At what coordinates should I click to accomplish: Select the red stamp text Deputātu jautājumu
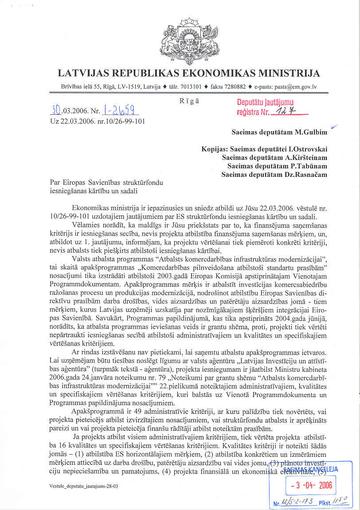point(265,103)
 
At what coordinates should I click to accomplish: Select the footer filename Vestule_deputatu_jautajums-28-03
point(84,487)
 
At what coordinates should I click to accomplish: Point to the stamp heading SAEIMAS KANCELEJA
point(311,469)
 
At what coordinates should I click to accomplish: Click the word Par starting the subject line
point(55,183)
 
